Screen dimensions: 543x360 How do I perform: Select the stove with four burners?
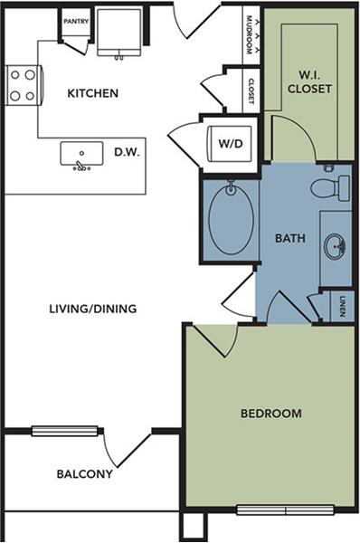coord(22,85)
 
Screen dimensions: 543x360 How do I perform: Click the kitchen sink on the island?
coord(80,155)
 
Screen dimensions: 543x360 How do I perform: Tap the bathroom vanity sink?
coord(335,245)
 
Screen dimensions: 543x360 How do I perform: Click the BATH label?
coord(289,239)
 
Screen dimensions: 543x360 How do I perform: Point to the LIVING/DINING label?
coord(93,309)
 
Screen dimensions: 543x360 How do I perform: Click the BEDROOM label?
coord(270,414)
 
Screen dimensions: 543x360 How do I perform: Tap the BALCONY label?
coord(84,473)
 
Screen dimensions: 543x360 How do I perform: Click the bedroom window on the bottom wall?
coord(285,510)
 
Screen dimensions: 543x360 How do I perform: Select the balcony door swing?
coord(127,452)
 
